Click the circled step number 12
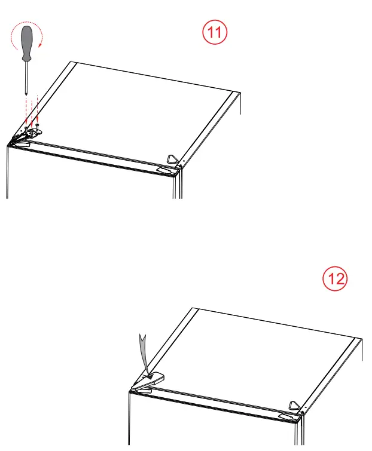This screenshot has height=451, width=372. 334,278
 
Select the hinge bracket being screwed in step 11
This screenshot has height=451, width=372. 29,132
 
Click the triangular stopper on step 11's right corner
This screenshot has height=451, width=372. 172,158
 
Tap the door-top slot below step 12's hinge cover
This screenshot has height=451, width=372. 140,388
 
